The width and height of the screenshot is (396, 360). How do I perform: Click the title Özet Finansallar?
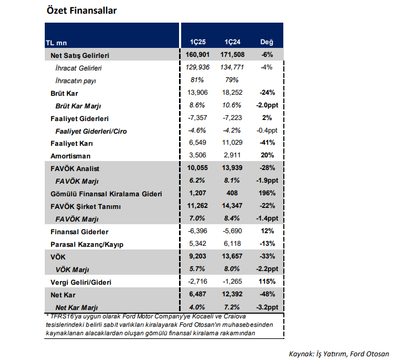point(82,11)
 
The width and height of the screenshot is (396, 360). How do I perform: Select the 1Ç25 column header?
point(198,43)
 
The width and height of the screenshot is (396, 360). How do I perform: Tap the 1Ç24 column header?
point(232,43)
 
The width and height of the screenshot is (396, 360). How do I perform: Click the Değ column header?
point(266,43)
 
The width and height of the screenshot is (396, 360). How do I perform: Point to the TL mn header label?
point(56,43)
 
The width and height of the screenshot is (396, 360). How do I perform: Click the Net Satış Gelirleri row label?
point(80,55)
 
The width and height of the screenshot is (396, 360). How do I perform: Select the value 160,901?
point(198,55)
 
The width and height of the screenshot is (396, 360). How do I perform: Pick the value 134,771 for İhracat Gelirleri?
point(232,68)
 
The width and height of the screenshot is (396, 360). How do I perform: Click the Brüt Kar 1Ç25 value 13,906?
point(198,93)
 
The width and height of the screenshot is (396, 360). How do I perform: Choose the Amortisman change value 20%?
point(267,156)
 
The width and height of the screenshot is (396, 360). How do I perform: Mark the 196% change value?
point(267,194)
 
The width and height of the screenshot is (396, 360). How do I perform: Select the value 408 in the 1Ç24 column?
point(232,194)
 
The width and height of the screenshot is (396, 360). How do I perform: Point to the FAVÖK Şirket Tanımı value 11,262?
point(198,206)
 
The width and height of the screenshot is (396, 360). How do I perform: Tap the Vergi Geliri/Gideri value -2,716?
point(198,282)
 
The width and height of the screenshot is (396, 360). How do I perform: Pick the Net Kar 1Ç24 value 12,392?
point(232,295)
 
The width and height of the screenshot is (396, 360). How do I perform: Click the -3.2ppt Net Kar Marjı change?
point(267,307)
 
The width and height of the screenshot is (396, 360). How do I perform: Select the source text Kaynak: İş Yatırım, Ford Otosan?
point(339,353)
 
